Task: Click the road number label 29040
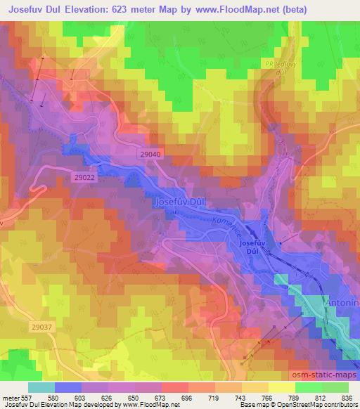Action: (x=150, y=154)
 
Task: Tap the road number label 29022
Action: (x=85, y=178)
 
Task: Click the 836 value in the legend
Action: (x=347, y=398)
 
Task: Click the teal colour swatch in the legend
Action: (x=41, y=387)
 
